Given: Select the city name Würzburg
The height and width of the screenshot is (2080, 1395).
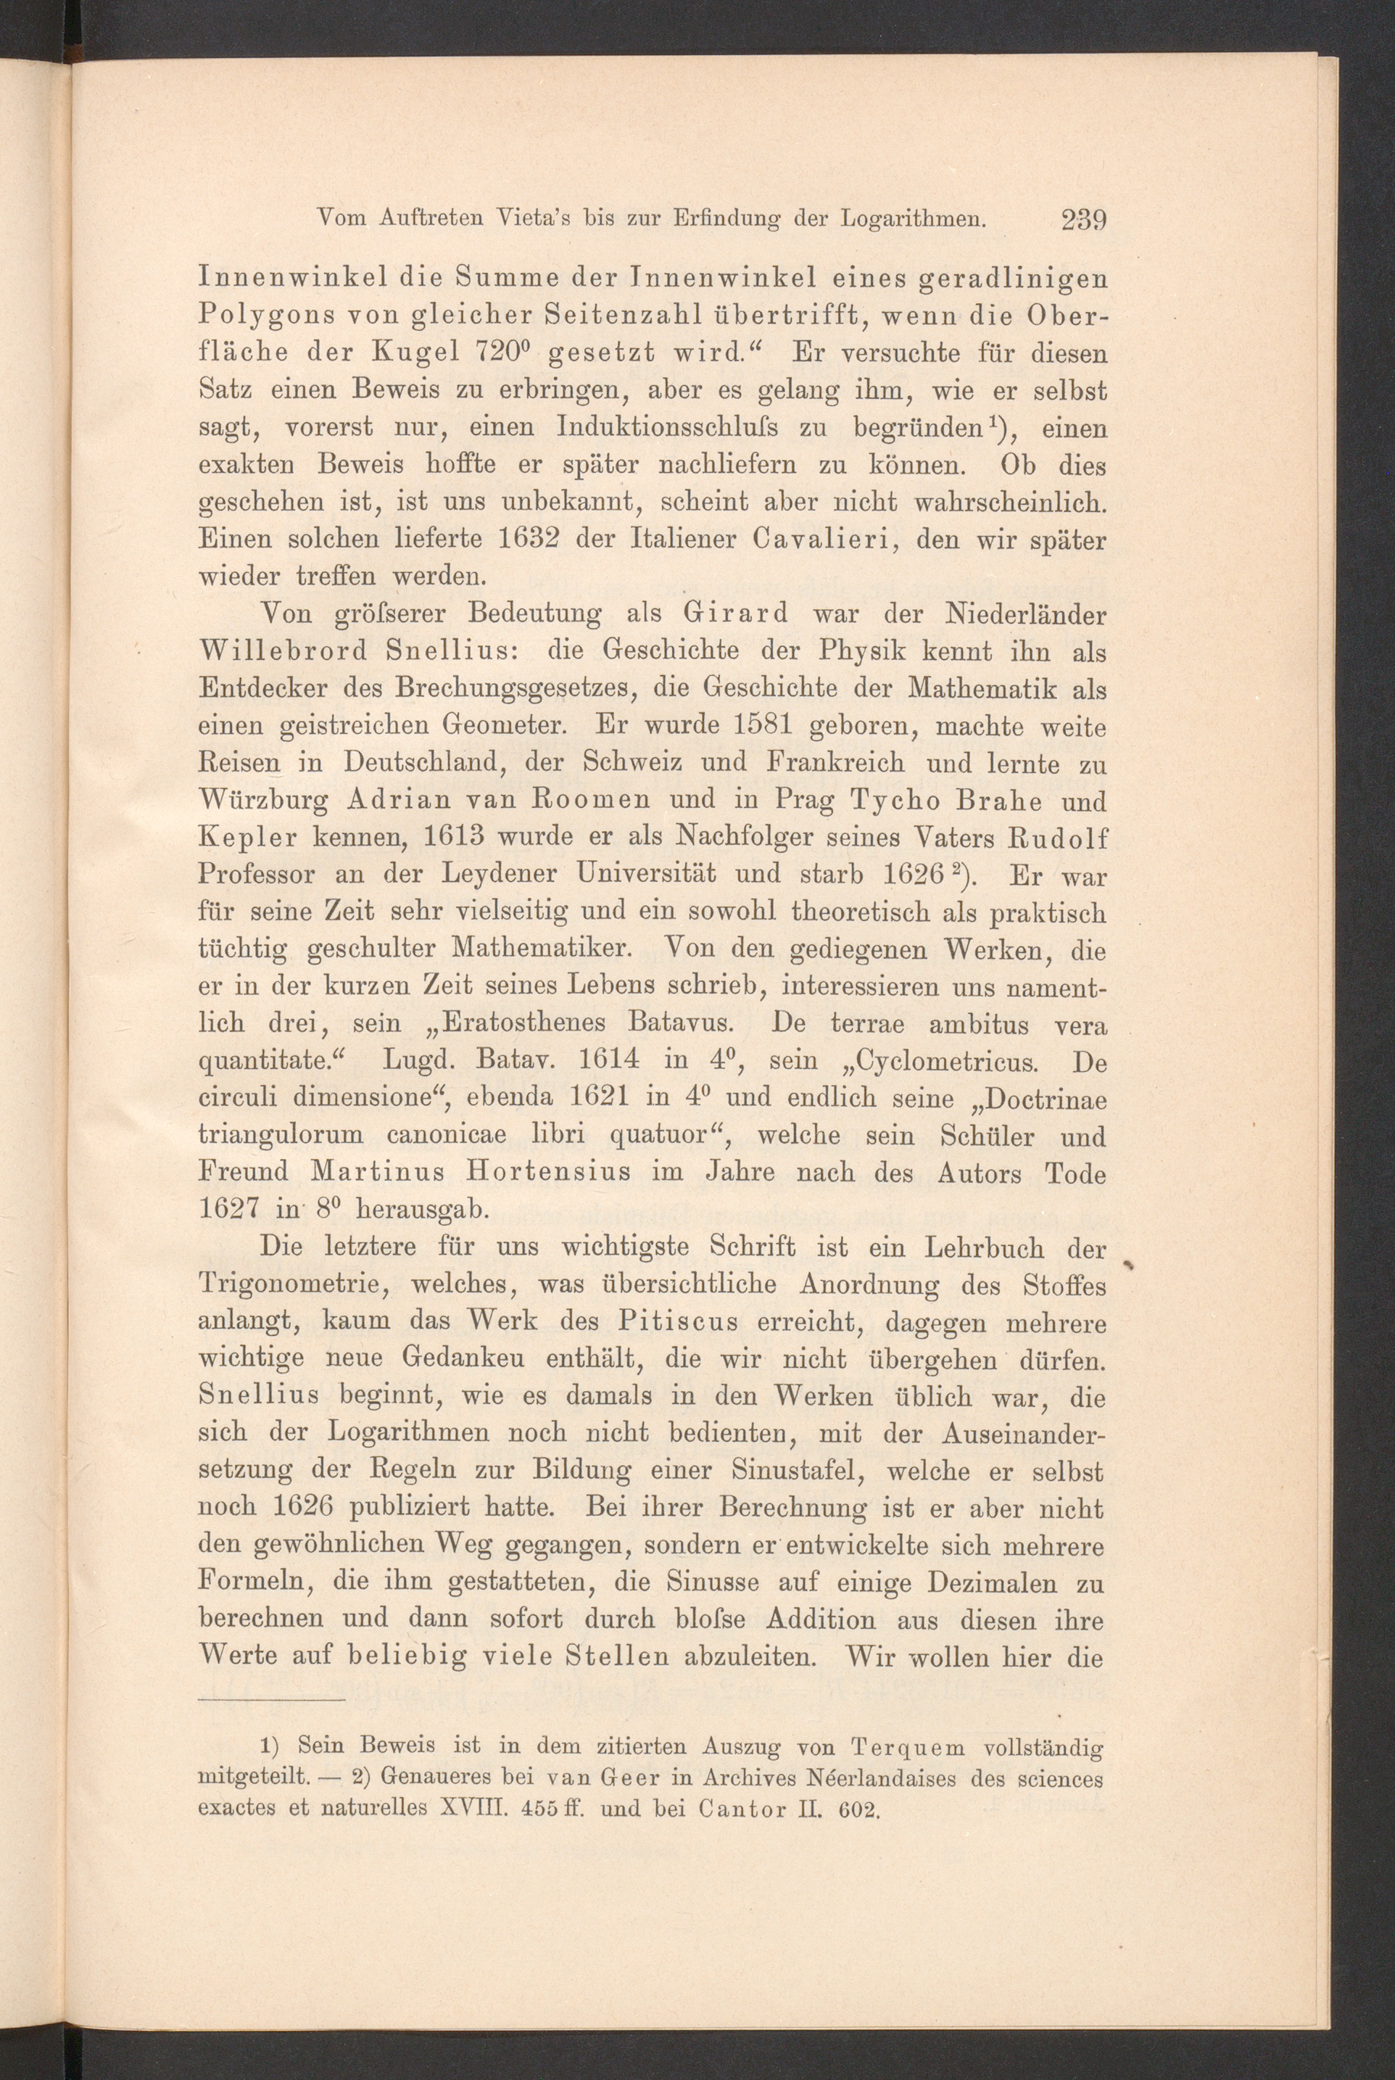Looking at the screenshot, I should (263, 802).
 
